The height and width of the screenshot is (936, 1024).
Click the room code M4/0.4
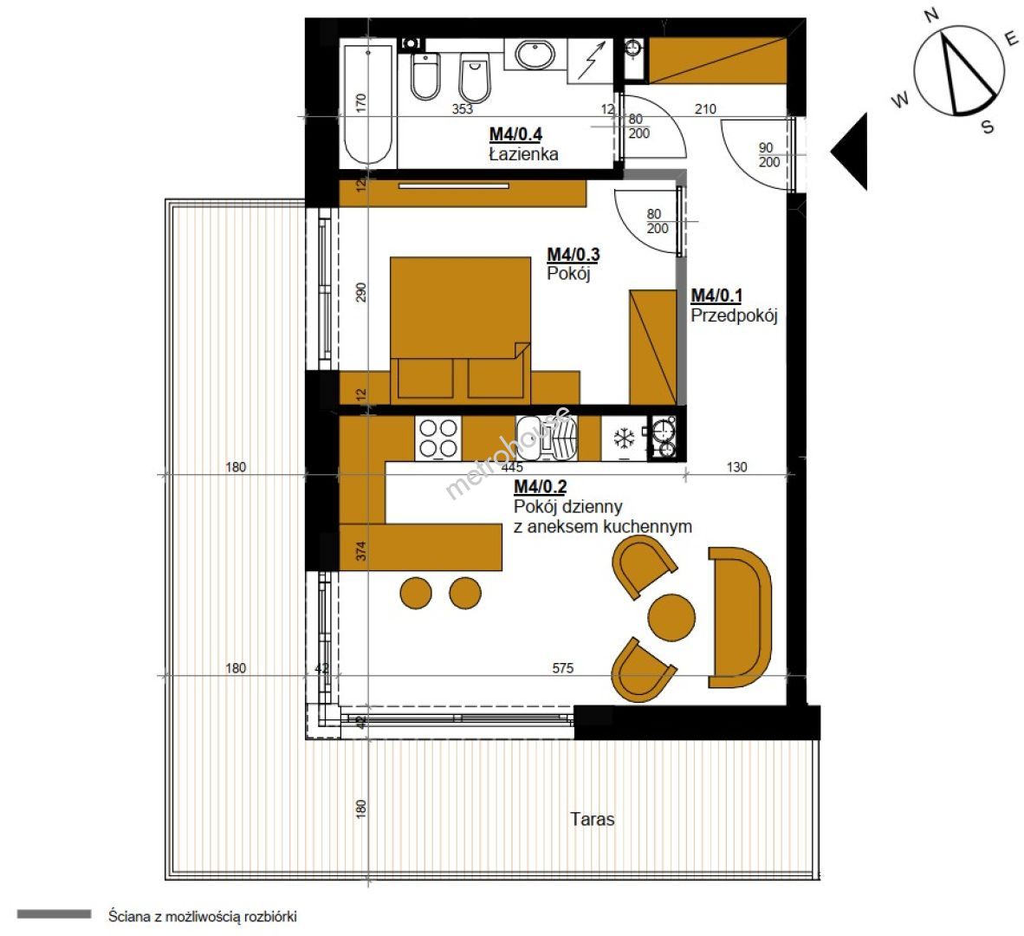tap(516, 134)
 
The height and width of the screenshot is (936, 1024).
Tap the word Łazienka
tap(524, 154)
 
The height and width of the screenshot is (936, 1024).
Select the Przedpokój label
tap(734, 316)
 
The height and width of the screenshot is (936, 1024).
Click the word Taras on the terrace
tap(593, 819)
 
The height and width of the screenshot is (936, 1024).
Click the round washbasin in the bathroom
tap(535, 55)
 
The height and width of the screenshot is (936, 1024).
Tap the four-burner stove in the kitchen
tap(438, 439)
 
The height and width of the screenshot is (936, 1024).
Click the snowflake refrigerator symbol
tap(625, 439)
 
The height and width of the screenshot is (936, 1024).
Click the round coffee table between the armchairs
tap(671, 617)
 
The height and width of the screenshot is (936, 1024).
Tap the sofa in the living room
tap(740, 617)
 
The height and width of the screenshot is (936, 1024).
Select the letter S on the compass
tap(988, 126)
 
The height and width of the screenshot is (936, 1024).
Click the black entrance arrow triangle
tap(849, 152)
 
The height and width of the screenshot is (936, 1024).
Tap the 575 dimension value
tap(563, 668)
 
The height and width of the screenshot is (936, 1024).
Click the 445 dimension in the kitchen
tap(513, 467)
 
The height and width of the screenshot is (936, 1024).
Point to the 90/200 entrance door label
tap(768, 155)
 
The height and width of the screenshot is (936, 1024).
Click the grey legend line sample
tap(55, 914)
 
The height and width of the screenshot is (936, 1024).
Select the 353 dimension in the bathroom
tap(463, 109)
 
